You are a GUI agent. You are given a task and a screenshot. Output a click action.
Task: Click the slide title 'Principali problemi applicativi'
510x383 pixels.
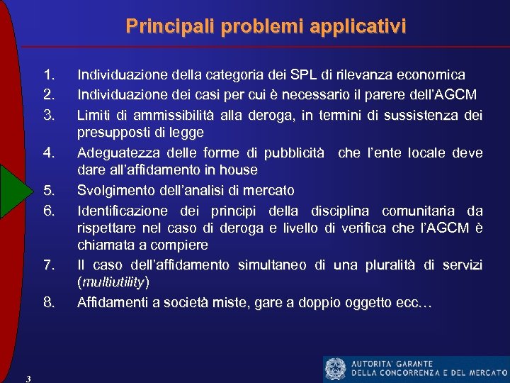(x=266, y=27)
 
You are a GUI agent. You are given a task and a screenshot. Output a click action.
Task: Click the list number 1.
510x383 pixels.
(x=49, y=74)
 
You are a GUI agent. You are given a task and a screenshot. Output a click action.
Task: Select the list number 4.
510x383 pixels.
(x=49, y=152)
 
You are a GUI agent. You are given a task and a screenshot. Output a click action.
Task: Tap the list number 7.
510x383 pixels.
(x=49, y=265)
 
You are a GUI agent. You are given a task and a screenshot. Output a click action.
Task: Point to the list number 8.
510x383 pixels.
(x=49, y=303)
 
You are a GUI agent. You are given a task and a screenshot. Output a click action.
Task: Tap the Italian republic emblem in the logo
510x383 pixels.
(x=335, y=369)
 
